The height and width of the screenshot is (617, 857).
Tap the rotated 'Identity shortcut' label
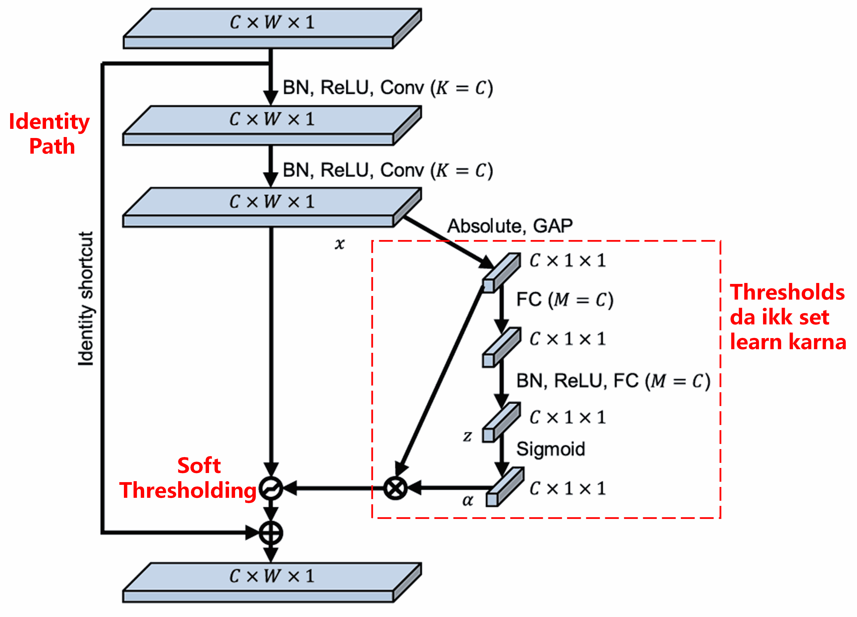click(x=85, y=298)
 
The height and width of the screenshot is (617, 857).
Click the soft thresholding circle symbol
click(x=270, y=488)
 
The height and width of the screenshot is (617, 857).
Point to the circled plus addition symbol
click(x=270, y=533)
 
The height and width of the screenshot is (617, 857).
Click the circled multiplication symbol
click(x=395, y=488)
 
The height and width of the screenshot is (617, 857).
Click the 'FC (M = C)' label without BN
click(x=565, y=299)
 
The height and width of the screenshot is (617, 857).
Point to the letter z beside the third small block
click(x=467, y=436)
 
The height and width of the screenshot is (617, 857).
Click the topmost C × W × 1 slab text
click(x=272, y=22)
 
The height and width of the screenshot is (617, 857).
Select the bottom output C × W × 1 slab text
click(x=272, y=576)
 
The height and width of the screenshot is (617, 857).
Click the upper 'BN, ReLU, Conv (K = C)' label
click(x=388, y=88)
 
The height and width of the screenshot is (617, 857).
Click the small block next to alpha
click(x=504, y=487)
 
